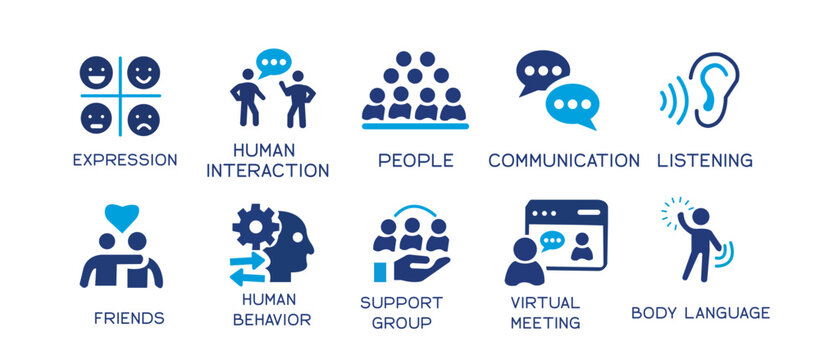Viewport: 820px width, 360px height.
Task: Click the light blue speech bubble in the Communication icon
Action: tap(573, 103)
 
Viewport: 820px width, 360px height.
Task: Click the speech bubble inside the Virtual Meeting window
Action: tap(553, 239)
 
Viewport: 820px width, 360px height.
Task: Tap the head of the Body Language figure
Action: tap(700, 216)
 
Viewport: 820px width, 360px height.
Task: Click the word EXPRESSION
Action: tap(125, 160)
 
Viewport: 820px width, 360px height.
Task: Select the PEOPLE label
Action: tap(415, 161)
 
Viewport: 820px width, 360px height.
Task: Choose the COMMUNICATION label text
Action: tap(564, 161)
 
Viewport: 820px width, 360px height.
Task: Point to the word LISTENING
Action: tap(705, 161)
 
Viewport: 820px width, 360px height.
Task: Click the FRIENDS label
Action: tap(129, 319)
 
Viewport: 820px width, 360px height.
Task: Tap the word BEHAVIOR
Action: tap(271, 320)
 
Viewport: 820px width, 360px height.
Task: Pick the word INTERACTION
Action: tap(267, 170)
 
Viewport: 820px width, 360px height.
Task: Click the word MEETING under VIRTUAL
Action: tap(545, 323)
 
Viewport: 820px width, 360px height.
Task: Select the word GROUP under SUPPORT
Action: tap(402, 323)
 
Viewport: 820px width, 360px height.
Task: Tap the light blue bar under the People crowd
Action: tap(414, 126)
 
